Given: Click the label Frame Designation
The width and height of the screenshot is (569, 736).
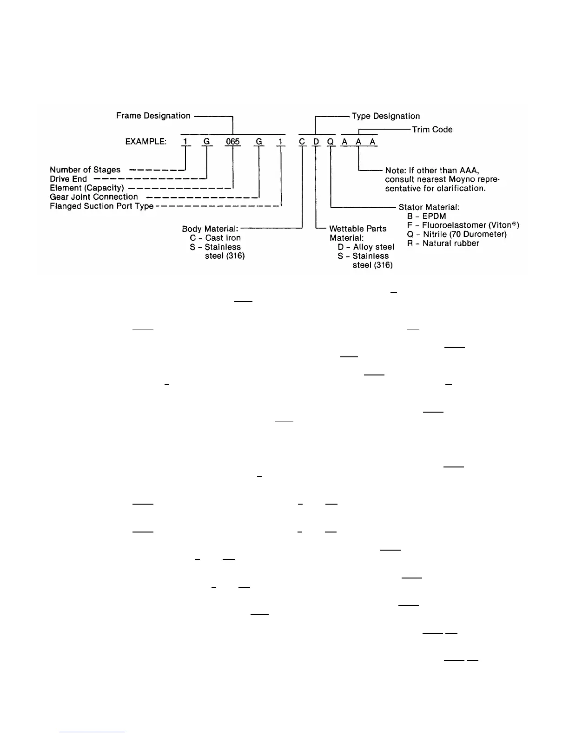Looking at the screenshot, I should point(153,116).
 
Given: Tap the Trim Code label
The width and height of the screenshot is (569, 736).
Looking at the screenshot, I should point(432,130).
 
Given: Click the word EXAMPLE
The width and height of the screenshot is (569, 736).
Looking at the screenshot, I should point(146,142).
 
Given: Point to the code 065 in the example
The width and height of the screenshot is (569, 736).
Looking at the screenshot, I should point(232,141).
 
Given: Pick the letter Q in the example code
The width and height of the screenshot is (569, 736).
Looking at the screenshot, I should point(331,142).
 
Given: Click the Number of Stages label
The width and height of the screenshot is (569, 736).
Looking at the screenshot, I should point(85,170).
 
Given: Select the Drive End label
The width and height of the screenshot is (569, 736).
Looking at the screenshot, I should point(68,179).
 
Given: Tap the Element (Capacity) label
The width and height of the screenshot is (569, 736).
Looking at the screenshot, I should point(87,188).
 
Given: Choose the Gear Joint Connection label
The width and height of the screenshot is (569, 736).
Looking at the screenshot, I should point(94,197).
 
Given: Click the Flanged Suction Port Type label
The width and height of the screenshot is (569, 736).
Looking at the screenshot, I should point(101,206).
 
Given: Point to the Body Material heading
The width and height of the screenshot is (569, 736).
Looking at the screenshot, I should point(210,229).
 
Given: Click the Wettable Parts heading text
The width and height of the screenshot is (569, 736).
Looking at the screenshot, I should point(357,229).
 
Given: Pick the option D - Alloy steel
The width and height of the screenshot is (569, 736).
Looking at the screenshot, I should point(366,247).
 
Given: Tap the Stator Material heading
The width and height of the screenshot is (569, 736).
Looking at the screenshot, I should point(429,207).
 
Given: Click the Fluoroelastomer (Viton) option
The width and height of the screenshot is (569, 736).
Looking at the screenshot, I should point(463,225).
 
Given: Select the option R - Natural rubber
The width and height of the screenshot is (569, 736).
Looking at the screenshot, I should point(443,243).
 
